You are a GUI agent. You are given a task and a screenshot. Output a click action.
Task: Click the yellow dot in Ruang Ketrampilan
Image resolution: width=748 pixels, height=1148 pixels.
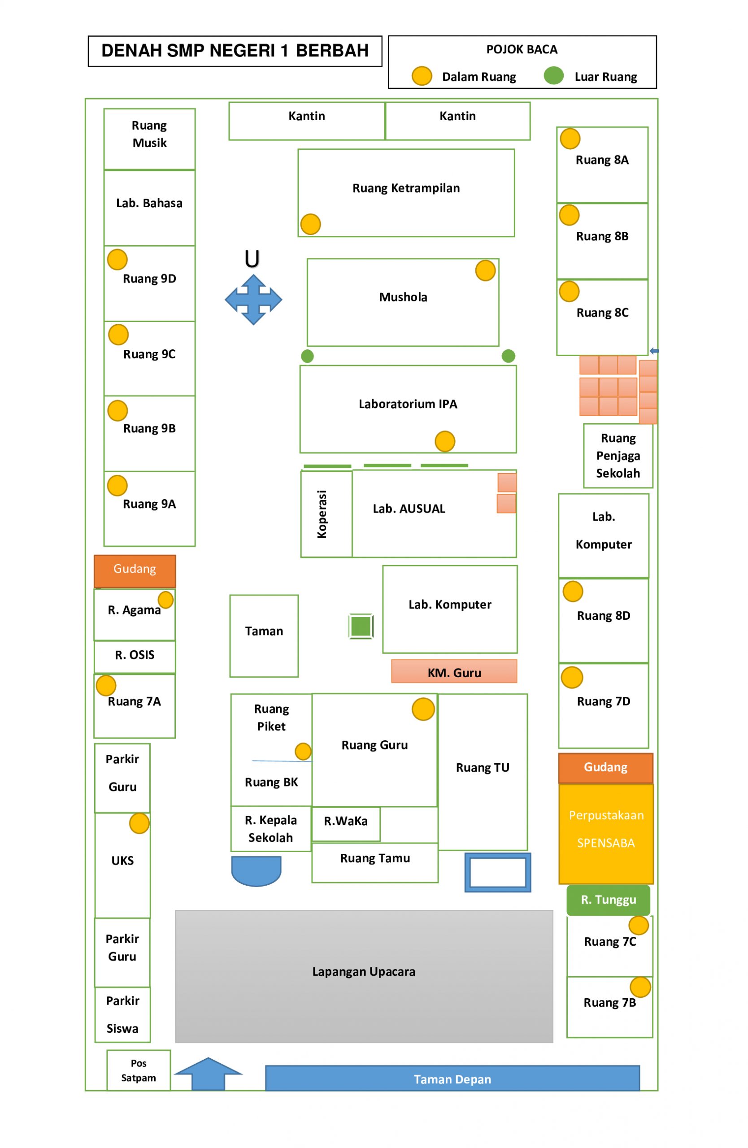click(x=311, y=224)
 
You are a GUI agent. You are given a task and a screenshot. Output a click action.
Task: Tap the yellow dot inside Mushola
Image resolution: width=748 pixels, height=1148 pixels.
click(x=485, y=270)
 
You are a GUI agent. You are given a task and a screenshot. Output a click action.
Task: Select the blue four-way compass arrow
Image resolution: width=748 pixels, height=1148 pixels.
click(x=253, y=300)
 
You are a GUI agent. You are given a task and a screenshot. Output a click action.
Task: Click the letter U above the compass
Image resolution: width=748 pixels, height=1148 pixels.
click(x=252, y=259)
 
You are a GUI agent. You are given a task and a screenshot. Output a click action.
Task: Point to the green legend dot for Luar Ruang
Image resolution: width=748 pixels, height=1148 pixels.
click(x=554, y=76)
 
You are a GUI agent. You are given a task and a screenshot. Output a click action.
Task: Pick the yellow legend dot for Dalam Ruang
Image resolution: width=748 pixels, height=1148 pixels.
click(x=422, y=76)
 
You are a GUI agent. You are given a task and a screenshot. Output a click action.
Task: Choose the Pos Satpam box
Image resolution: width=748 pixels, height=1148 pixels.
click(x=139, y=1070)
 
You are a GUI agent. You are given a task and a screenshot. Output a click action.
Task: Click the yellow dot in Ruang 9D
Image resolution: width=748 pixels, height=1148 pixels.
click(x=117, y=260)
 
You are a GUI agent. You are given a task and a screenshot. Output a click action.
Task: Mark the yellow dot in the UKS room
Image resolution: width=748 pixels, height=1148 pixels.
click(x=139, y=823)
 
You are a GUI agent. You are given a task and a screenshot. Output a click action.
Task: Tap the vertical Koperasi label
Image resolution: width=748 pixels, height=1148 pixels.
click(x=322, y=514)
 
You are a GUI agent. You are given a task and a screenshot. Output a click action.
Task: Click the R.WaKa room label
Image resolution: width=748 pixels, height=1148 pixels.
click(x=345, y=821)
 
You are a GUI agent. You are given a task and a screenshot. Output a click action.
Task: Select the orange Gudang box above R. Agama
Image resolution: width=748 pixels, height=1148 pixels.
click(x=135, y=569)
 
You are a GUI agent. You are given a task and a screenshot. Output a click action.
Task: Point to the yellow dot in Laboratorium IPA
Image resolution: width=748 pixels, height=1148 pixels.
click(x=445, y=441)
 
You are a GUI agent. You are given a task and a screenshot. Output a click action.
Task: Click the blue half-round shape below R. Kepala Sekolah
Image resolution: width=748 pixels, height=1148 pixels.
click(x=256, y=871)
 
